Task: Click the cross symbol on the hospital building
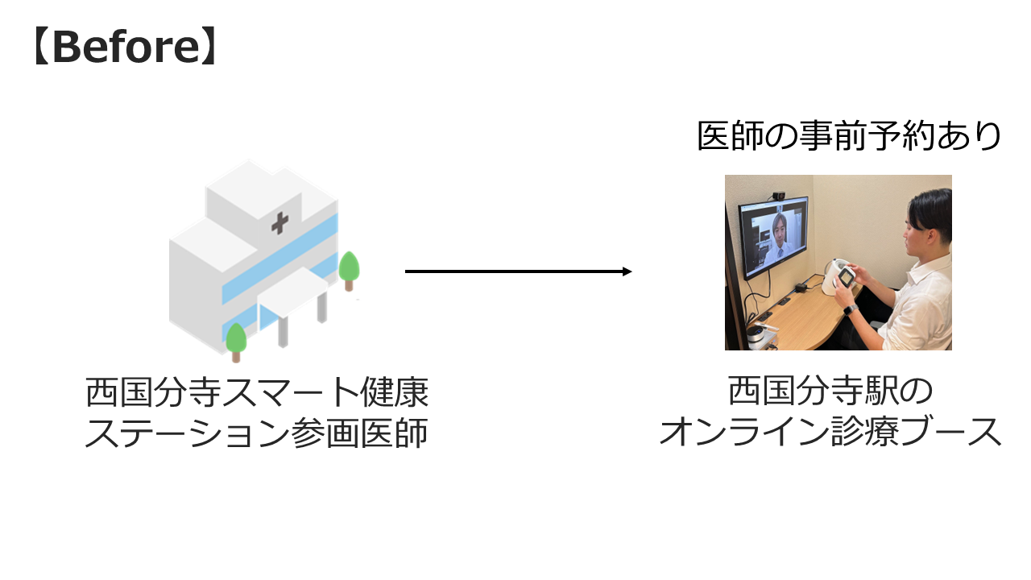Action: point(279,223)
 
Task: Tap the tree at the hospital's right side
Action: point(349,269)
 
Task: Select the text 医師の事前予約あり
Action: point(849,136)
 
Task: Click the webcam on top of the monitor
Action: point(778,195)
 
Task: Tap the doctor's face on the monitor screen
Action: point(780,226)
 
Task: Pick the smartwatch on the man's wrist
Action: point(850,309)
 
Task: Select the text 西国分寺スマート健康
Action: point(257,394)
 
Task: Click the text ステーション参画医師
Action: point(256,435)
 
